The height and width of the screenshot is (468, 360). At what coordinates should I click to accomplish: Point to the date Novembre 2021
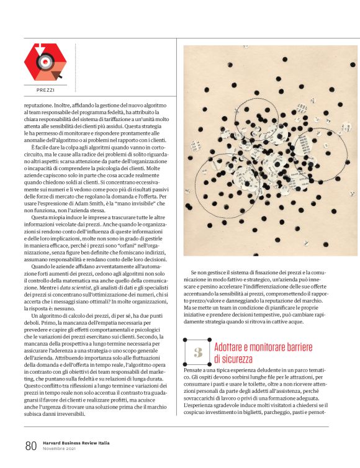pyautogui.click(x=60, y=449)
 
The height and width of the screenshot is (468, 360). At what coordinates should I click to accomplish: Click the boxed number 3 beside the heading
pyautogui.click(x=198, y=352)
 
